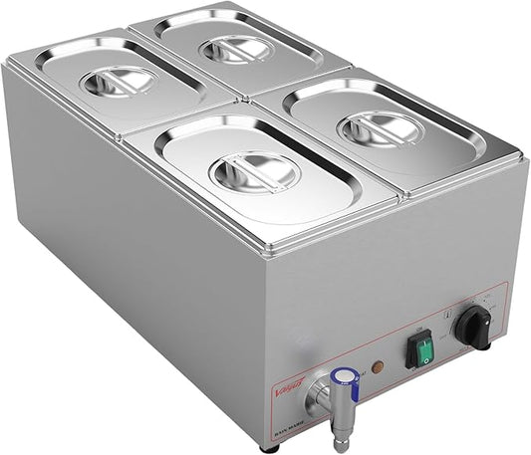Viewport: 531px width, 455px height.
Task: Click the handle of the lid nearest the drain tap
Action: [254, 171]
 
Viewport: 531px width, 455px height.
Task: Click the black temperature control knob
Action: [474, 327]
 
